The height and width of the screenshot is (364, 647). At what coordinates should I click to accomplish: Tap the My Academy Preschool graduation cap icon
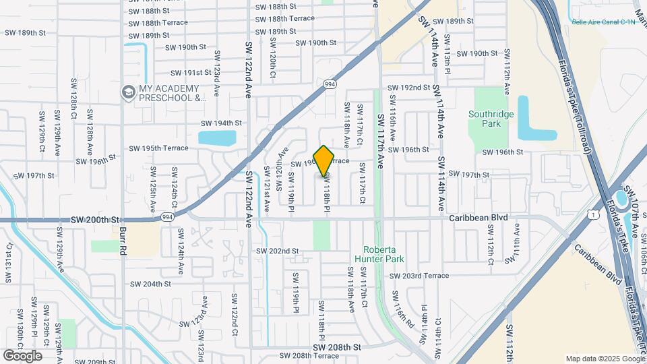point(127,92)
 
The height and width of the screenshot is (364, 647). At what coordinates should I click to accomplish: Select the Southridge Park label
point(491,119)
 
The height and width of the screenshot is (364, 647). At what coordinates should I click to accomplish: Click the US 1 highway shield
point(592,214)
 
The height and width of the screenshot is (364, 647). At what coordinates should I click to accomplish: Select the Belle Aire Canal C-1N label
point(603,22)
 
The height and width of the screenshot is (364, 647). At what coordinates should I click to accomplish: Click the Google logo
point(22,355)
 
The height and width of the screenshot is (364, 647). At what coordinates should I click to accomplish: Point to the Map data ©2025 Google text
point(605,359)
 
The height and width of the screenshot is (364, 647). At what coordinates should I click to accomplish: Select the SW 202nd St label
point(277,251)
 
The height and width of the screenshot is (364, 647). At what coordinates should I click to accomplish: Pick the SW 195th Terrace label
point(159,148)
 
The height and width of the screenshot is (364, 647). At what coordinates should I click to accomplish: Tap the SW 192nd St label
point(408,88)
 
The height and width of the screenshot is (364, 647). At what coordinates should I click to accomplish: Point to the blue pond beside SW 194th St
point(217,138)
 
